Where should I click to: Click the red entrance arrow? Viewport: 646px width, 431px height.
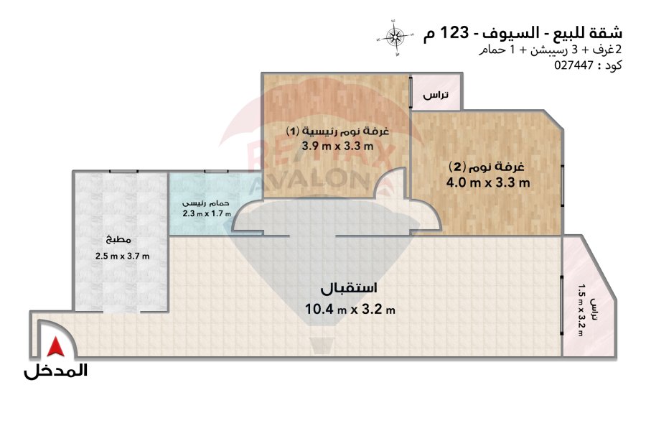(55, 346)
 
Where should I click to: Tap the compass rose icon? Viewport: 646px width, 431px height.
(395, 37)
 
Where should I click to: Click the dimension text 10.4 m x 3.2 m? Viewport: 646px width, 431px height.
(350, 309)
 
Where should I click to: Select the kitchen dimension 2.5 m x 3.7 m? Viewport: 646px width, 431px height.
(122, 256)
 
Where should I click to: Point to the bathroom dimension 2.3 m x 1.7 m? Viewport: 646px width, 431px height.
(207, 213)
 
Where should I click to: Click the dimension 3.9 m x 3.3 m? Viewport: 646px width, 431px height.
(337, 146)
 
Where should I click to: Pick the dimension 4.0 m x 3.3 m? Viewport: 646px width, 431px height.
(488, 182)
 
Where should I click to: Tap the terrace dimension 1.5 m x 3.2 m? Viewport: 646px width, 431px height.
(581, 310)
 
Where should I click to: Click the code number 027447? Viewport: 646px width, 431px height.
(574, 65)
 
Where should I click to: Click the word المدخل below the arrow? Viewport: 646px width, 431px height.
(55, 371)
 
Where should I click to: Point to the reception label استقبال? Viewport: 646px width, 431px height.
(349, 288)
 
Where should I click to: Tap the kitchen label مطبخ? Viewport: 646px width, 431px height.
(118, 240)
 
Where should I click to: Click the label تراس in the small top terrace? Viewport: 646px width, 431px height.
(436, 96)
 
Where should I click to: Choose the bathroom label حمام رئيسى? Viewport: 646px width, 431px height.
(206, 203)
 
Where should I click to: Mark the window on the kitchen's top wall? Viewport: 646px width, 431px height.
(123, 171)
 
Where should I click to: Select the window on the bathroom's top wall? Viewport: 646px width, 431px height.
(216, 171)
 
